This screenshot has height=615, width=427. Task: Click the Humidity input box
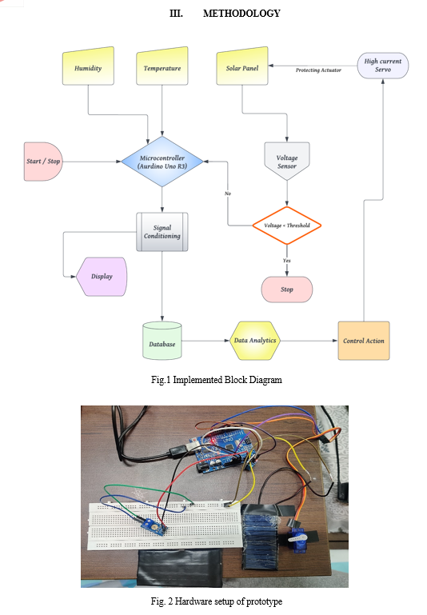point(88,66)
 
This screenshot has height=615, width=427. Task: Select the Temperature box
point(162,66)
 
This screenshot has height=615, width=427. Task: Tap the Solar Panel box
point(242,66)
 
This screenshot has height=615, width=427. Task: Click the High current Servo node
point(383,66)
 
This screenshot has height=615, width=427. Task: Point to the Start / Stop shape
point(43,162)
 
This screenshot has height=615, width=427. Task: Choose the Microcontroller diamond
point(162,162)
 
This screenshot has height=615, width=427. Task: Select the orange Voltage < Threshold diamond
point(287,226)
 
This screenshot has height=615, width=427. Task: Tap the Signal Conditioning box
point(162,232)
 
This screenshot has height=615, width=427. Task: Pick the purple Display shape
point(102,277)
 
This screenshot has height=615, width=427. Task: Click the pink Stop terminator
point(287,290)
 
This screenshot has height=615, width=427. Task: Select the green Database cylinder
point(162,341)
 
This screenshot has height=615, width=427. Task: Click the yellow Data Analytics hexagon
point(255,341)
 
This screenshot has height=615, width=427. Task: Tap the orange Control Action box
point(364,341)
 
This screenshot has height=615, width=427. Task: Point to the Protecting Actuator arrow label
point(318,70)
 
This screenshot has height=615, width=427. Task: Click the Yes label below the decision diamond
point(287,261)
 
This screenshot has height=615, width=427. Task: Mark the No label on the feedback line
point(228,194)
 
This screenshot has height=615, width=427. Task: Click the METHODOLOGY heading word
point(241,14)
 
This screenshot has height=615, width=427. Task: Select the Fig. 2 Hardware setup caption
point(217,601)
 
